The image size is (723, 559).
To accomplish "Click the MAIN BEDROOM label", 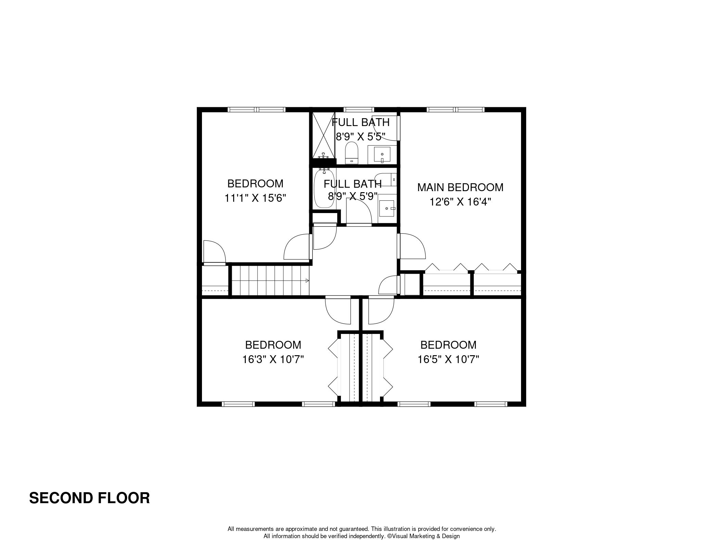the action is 460,187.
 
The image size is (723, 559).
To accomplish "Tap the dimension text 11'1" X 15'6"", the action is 255,198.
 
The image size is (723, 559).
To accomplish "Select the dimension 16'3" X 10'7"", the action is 273,359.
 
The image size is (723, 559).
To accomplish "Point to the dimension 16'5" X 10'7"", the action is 448,359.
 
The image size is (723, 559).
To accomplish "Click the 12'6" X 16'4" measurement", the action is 460,202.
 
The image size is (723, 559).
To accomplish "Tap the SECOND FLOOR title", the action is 89,498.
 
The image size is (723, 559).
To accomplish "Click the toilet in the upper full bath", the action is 351,153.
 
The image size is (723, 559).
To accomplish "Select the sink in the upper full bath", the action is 382,155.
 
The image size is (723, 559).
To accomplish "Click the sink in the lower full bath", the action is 388,209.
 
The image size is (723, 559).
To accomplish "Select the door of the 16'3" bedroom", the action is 338,310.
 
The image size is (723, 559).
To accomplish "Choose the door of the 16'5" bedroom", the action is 381,310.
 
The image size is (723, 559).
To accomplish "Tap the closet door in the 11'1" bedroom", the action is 214,253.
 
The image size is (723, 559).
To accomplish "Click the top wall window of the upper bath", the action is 359,110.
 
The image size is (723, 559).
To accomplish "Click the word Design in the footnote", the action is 451,536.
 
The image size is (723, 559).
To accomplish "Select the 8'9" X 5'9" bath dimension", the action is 353,197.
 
